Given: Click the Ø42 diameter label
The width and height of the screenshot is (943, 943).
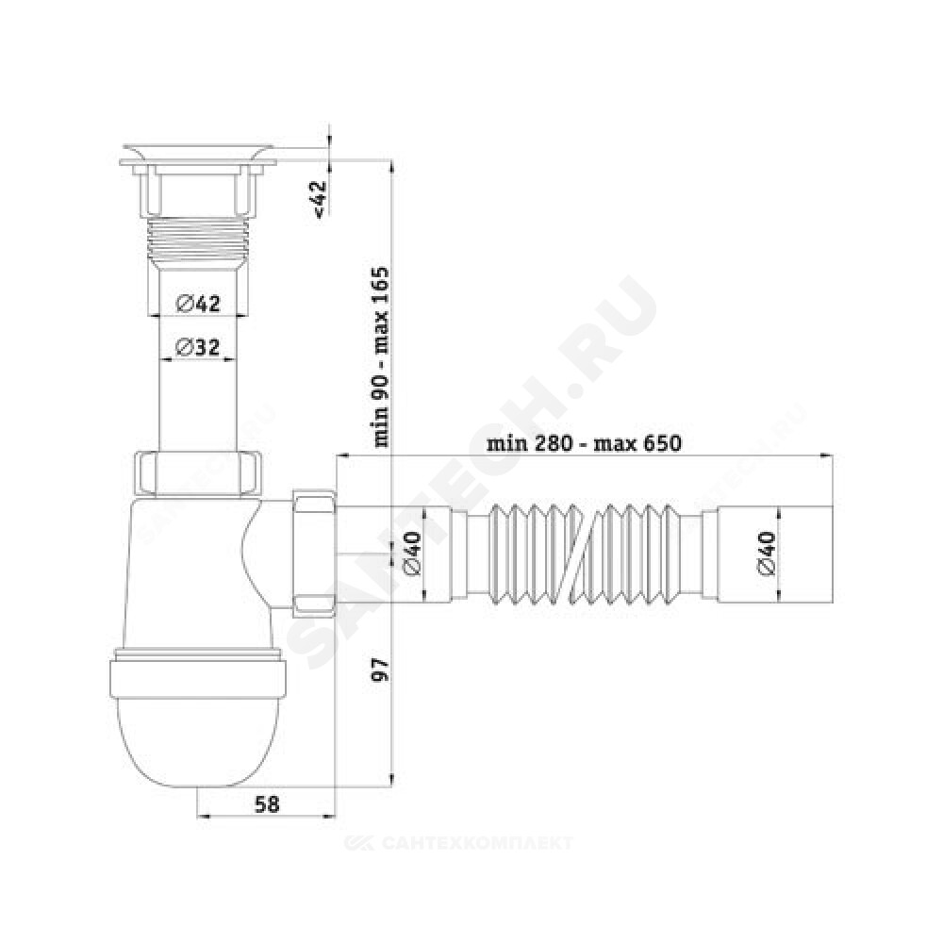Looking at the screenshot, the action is click(x=198, y=304).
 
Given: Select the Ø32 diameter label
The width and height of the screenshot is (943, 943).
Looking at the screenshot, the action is click(x=197, y=348).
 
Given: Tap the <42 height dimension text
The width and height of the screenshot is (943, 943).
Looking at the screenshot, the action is click(x=320, y=198).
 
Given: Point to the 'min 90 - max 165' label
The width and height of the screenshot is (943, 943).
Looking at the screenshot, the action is click(x=382, y=357).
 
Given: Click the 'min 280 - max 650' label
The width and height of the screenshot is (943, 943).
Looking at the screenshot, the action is click(x=584, y=444).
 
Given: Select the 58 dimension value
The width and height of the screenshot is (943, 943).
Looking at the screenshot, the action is click(x=267, y=803).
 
